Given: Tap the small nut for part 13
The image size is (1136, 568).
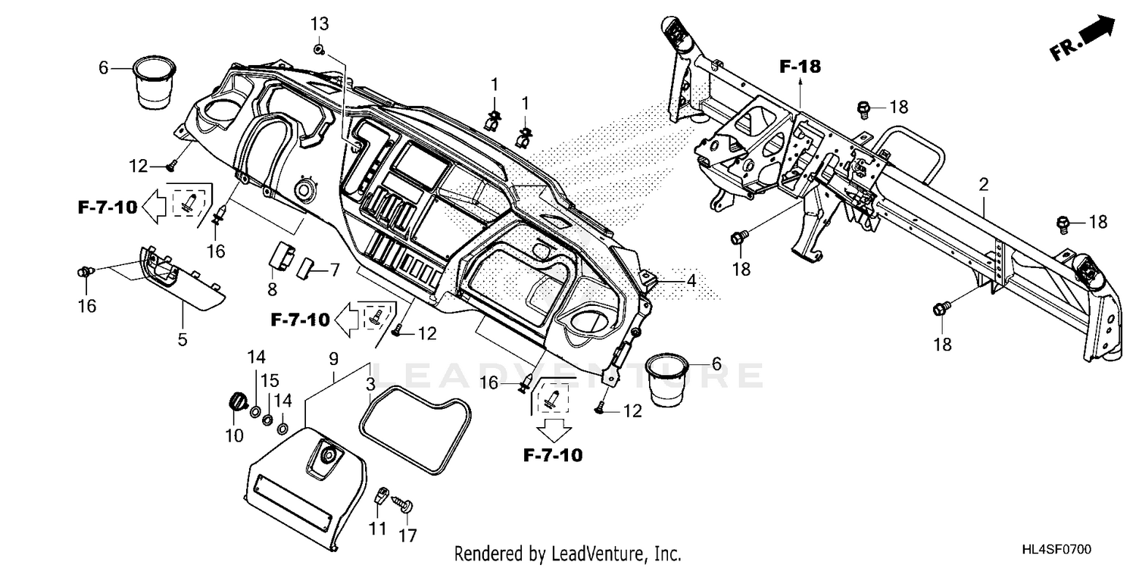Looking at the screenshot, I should pyautogui.click(x=320, y=50).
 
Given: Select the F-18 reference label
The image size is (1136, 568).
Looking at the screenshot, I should pyautogui.click(x=800, y=67).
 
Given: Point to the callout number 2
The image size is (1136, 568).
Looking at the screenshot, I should pyautogui.click(x=984, y=184).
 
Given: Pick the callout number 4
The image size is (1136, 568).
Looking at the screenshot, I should pyautogui.click(x=690, y=280).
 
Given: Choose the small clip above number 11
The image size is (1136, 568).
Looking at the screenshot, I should pyautogui.click(x=381, y=496).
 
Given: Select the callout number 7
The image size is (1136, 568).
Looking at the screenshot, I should pyautogui.click(x=334, y=269).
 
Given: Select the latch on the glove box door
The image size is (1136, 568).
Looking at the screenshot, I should pyautogui.click(x=327, y=455).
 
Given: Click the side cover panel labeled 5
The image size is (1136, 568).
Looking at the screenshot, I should pyautogui.click(x=182, y=283).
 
